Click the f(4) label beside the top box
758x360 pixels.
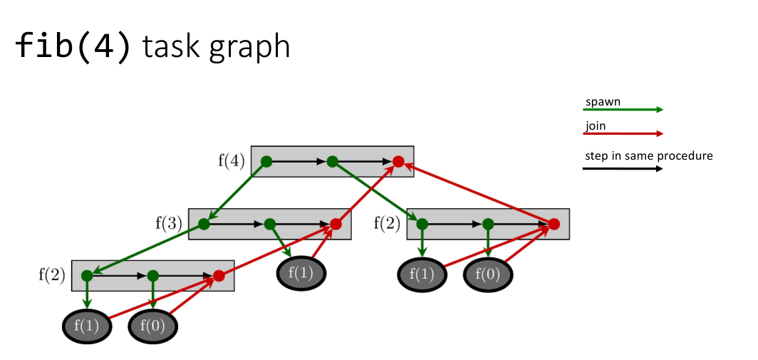[231, 161]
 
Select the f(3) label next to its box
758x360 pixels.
[169, 224]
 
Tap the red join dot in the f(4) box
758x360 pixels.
[398, 162]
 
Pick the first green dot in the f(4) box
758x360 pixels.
[266, 162]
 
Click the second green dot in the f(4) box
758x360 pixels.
[332, 162]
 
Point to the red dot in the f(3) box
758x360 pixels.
[336, 224]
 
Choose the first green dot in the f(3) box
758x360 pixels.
[204, 224]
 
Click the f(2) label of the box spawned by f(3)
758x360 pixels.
[52, 274]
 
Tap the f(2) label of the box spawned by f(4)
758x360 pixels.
[387, 224]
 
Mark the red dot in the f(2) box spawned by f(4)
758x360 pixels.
[554, 224]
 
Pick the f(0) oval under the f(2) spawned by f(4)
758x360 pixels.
[488, 274]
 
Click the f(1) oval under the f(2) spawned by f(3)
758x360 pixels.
[88, 326]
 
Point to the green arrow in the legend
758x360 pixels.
[623, 110]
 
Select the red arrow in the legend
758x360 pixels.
[623, 133]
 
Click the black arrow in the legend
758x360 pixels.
[623, 169]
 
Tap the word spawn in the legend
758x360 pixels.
[603, 101]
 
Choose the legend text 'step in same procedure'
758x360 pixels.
[648, 156]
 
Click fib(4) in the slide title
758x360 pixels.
[73, 46]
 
